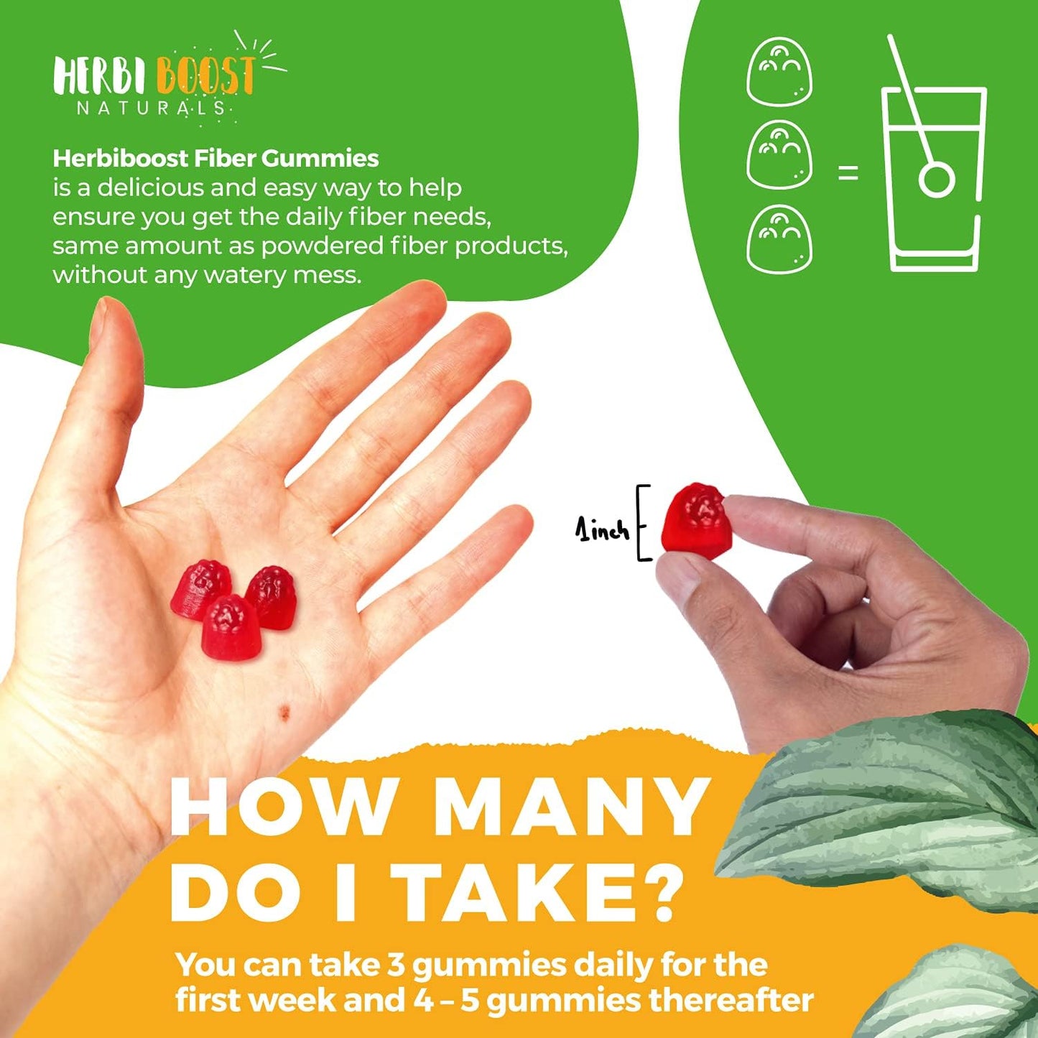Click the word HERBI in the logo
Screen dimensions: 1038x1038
100,77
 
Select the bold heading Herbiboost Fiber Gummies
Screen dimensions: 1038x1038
216,158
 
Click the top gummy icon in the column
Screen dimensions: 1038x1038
779,71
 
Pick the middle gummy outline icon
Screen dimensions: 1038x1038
779,155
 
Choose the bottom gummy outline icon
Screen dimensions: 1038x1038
779,239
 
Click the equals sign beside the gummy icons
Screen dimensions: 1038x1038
848,173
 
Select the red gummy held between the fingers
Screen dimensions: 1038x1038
696,518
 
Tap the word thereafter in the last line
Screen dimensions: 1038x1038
731,1001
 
